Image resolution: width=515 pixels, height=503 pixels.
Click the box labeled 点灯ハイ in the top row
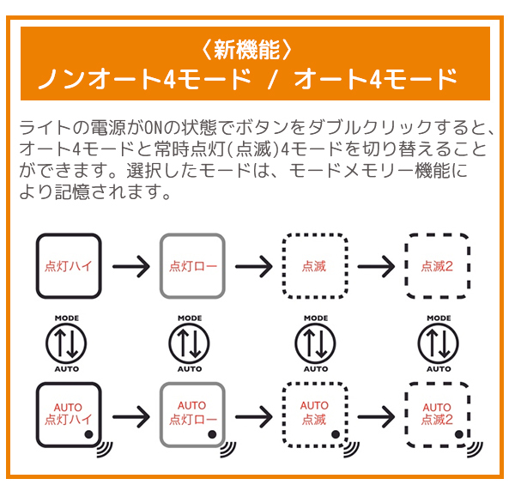point(69,266)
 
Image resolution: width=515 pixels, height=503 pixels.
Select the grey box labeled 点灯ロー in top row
point(192,266)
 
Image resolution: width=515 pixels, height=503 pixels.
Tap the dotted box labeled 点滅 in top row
point(314,266)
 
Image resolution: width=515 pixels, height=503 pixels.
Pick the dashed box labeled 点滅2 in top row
point(437,266)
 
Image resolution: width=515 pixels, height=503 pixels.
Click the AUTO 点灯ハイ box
point(69,415)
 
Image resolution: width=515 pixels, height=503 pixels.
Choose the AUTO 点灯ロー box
point(192,415)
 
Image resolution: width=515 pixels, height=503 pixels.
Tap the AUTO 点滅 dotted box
point(314,415)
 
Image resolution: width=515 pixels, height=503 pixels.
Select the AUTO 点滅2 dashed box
point(437,415)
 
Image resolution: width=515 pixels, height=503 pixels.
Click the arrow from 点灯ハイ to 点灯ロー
point(130,266)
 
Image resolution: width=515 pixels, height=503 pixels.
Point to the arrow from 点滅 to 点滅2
point(376,266)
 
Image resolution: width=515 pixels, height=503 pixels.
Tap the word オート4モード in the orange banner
point(374,80)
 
